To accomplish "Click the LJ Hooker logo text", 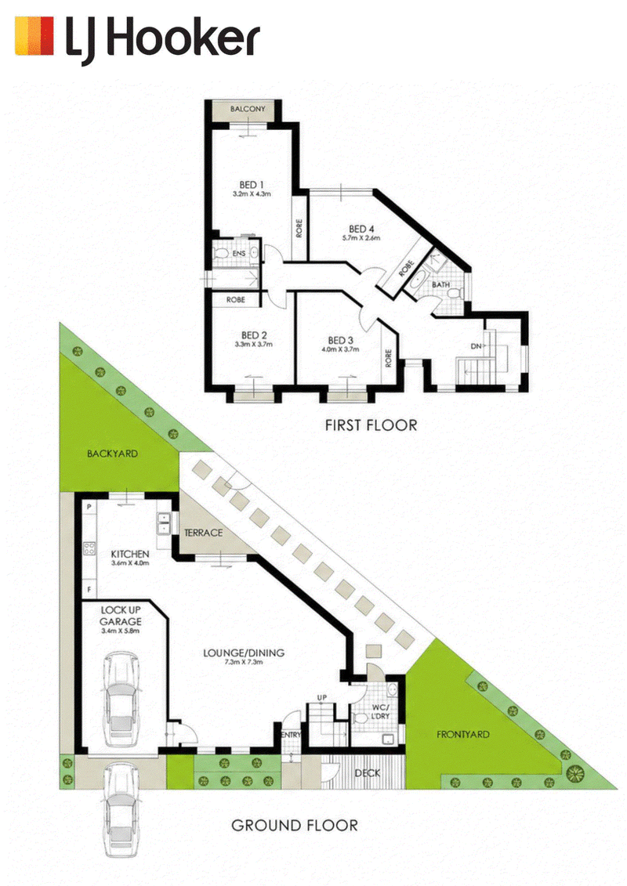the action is (x=163, y=38).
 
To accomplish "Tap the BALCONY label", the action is (x=248, y=108).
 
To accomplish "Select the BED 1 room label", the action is (x=252, y=185).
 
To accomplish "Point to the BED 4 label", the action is (x=361, y=229).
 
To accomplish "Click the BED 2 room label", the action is (x=254, y=335).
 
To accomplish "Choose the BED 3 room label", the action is (x=340, y=341).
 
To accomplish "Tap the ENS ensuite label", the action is (x=239, y=254).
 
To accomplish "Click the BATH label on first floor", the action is (x=441, y=285).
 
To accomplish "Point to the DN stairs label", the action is (x=476, y=346).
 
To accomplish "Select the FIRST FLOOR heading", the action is (x=371, y=425).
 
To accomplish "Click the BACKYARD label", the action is (x=113, y=454).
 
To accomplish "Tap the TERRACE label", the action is (x=204, y=533).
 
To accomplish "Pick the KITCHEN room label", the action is (x=130, y=555).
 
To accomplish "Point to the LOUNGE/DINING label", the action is (x=244, y=653).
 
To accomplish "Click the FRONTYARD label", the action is (x=463, y=735).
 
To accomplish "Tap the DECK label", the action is (x=368, y=773).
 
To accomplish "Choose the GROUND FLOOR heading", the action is (x=295, y=826).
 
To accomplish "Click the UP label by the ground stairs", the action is (x=321, y=698).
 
